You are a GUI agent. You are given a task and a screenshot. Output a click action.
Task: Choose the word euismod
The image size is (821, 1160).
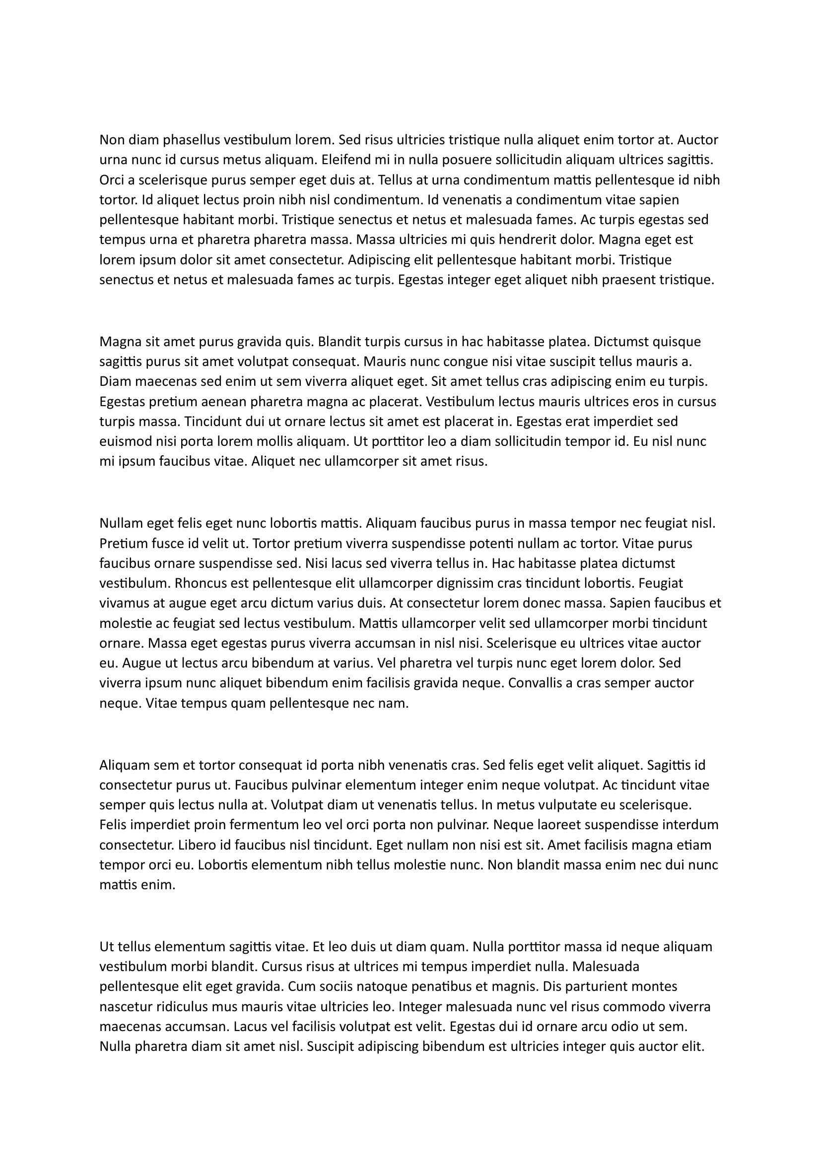[125, 441]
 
